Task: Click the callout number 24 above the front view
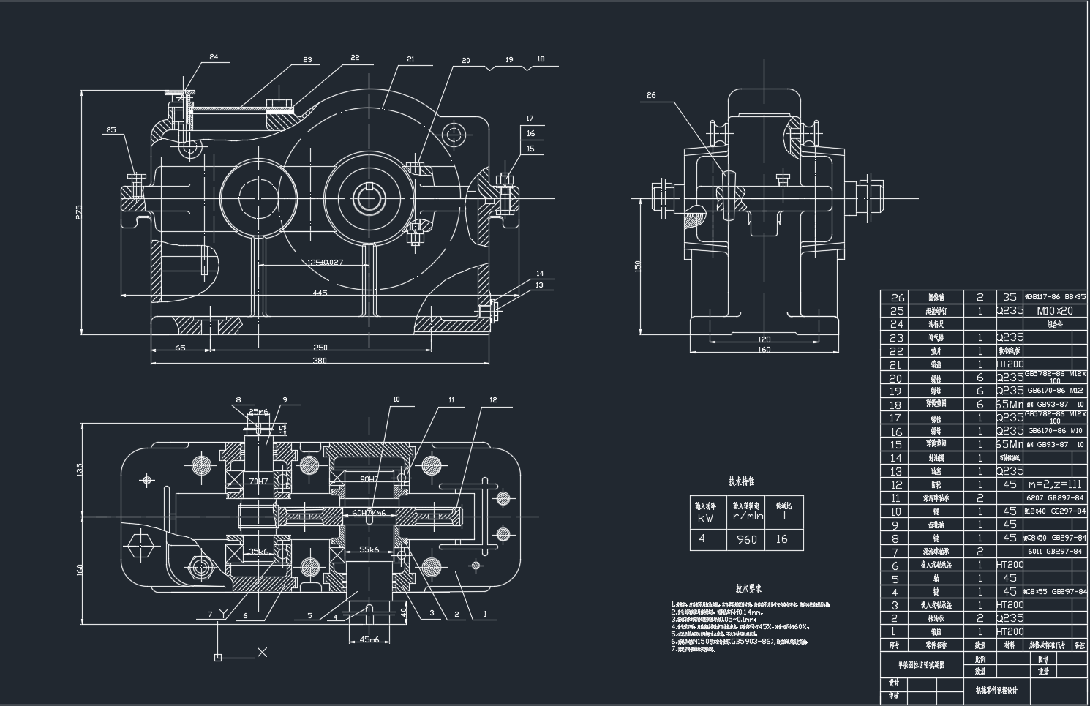tap(214, 56)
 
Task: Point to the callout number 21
tap(410, 59)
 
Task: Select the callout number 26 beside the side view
tap(651, 95)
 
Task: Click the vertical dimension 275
tap(79, 212)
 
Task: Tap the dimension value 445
tap(320, 293)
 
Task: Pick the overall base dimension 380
tap(320, 360)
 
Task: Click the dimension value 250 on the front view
tap(320, 348)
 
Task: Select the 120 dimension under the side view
tap(764, 339)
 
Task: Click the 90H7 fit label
tap(369, 478)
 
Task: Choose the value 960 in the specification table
tap(746, 539)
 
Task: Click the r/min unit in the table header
tap(746, 516)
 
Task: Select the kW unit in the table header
tap(705, 517)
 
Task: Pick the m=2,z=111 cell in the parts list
tap(1054, 484)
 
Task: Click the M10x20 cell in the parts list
tap(1054, 310)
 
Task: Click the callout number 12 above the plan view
tap(493, 400)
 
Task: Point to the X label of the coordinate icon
tap(263, 652)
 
